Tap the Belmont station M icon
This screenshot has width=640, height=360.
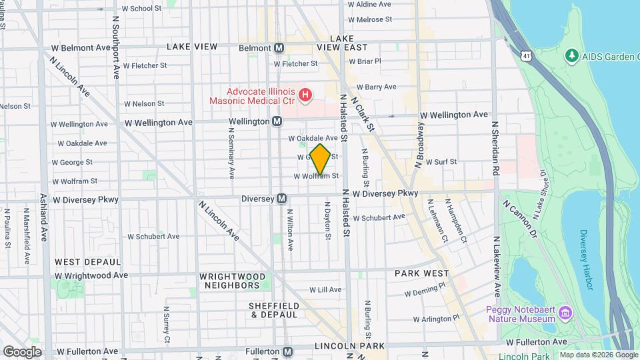tap(279, 48)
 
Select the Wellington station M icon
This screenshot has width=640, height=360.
tap(277, 122)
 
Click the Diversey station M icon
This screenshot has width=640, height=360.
tap(282, 199)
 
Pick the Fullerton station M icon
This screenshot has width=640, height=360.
tap(287, 351)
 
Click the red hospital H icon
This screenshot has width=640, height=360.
tap(305, 95)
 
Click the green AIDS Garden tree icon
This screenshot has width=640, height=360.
tap(571, 55)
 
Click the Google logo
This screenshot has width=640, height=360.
tap(22, 351)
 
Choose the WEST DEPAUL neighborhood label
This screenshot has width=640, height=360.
tap(88, 262)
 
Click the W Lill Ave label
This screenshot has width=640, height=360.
tap(325, 290)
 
